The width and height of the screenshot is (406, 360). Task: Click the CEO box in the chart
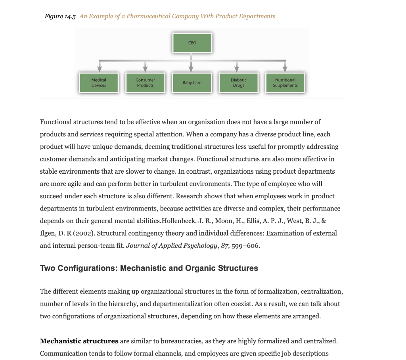pyautogui.click(x=192, y=43)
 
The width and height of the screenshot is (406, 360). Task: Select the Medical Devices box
pyautogui.click(x=99, y=83)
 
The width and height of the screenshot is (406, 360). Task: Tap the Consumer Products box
pyautogui.click(x=145, y=83)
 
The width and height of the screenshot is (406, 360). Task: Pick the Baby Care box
pyautogui.click(x=192, y=83)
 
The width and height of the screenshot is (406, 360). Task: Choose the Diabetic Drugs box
pyautogui.click(x=238, y=83)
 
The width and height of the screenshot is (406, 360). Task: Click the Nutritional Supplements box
pyautogui.click(x=285, y=83)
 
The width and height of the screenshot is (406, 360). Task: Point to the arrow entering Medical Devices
pyautogui.click(x=99, y=67)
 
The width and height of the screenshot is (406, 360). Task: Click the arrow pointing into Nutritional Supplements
pyautogui.click(x=285, y=67)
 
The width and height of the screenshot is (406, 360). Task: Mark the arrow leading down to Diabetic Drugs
pyautogui.click(x=237, y=67)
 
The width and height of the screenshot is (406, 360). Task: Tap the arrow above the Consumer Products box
pyautogui.click(x=145, y=67)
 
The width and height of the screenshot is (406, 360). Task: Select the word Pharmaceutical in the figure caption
pyautogui.click(x=148, y=16)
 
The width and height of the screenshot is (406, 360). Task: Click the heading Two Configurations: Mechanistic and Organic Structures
pyautogui.click(x=149, y=268)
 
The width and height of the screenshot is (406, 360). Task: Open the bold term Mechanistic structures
pyautogui.click(x=79, y=341)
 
